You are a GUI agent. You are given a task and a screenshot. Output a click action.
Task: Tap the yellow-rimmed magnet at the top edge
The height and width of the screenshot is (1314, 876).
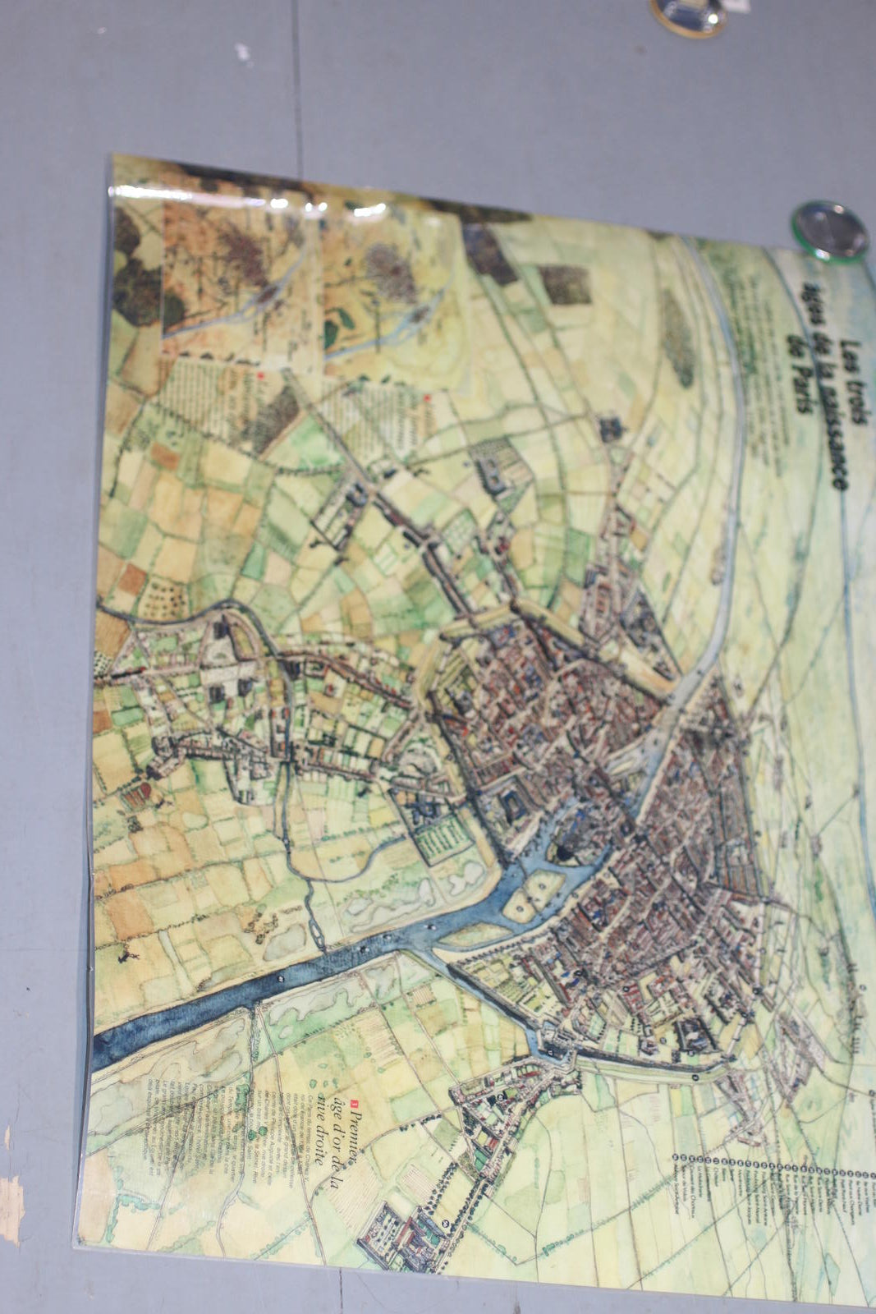pyautogui.click(x=688, y=15)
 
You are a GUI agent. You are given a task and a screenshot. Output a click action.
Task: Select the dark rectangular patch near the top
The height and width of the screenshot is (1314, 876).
pyautogui.click(x=564, y=284)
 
